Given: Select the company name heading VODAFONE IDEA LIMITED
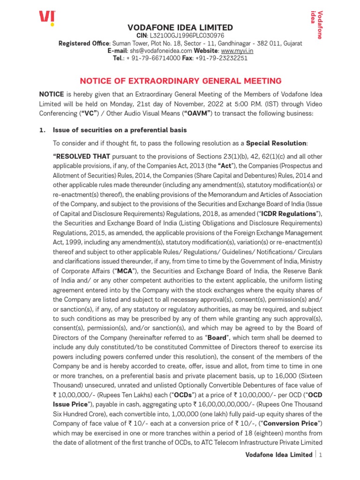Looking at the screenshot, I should (x=180, y=27).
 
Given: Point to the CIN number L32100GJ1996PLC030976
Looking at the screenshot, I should (x=186, y=36).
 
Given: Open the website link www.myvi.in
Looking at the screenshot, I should (x=237, y=51).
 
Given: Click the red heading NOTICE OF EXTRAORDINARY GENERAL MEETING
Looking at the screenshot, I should (x=180, y=81).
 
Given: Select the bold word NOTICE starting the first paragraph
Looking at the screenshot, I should (x=51, y=94).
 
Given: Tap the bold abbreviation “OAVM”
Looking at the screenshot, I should (x=195, y=113).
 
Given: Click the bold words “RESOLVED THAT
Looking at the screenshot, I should (x=82, y=156).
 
